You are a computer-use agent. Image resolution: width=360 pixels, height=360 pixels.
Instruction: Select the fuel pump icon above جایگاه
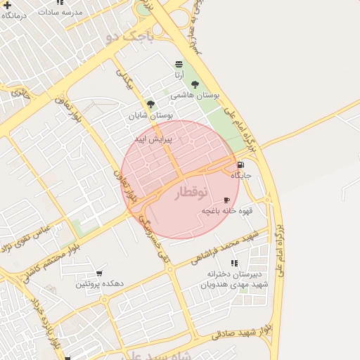coord(241,165)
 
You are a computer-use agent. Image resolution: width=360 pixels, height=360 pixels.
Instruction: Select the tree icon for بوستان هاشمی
coord(195,84)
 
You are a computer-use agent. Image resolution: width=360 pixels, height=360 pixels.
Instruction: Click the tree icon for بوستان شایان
coord(150,104)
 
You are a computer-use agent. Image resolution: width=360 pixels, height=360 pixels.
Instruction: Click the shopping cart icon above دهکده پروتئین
coord(99,274)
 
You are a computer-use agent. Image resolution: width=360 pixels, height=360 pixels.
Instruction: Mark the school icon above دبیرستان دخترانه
coord(234,263)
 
